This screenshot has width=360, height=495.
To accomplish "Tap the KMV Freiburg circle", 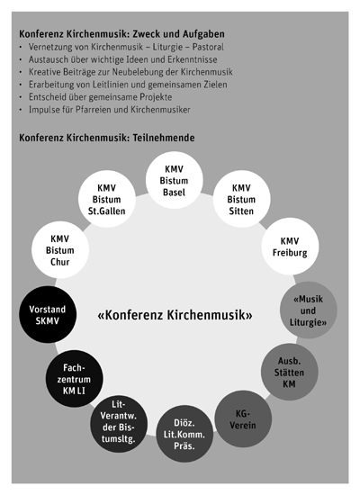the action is point(290,247).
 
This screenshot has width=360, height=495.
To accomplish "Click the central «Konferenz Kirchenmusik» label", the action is point(174,316).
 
